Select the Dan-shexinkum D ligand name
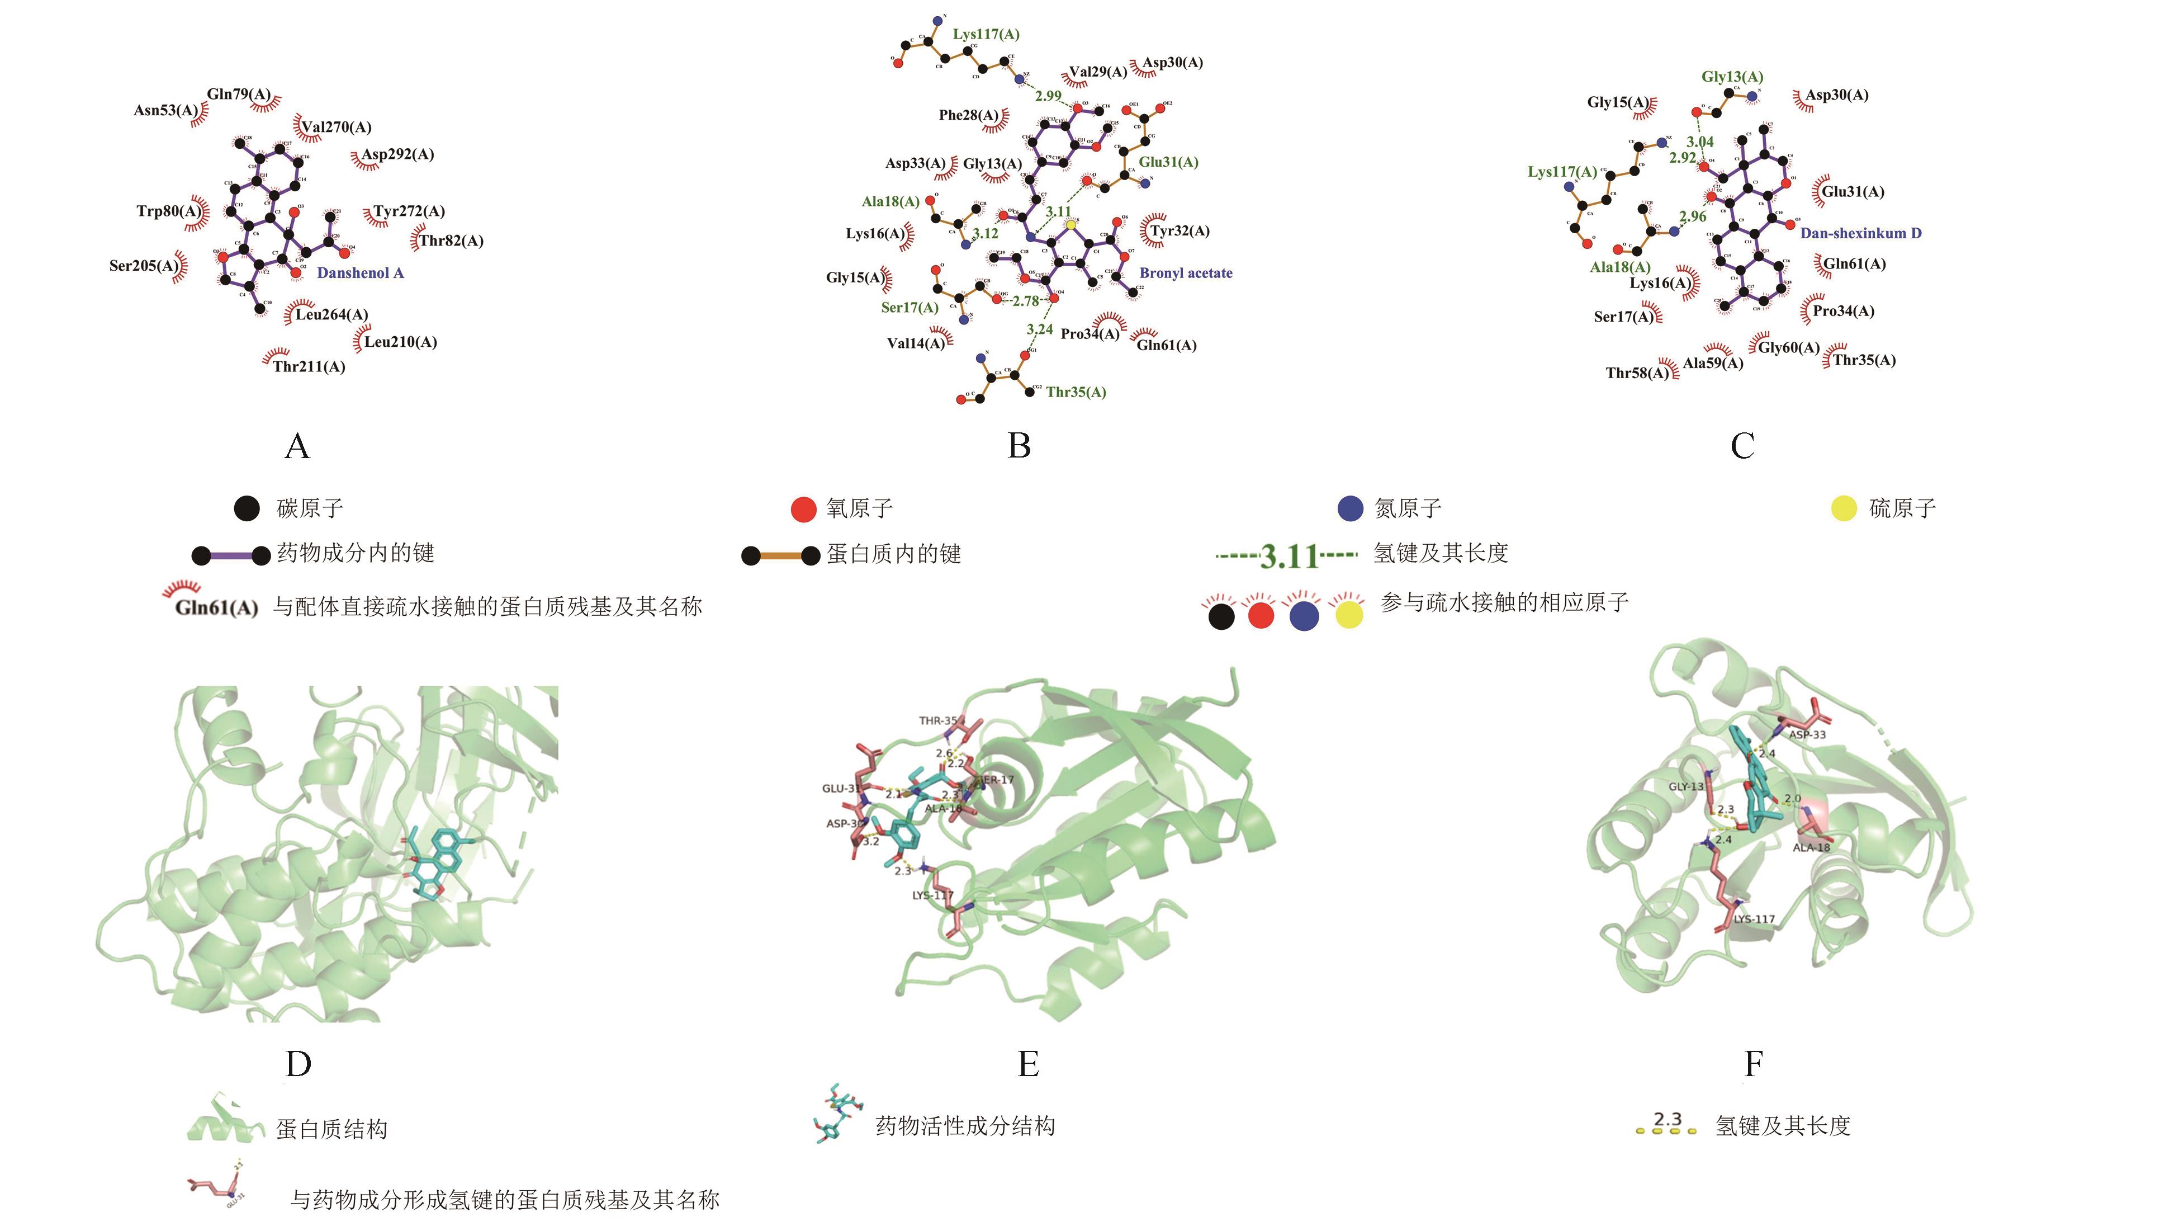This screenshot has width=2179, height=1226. [x=1860, y=233]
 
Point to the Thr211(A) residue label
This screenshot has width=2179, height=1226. [x=309, y=366]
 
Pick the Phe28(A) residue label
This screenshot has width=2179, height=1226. [x=968, y=115]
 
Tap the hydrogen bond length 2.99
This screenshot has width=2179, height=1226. [x=1048, y=96]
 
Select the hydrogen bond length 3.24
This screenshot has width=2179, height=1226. [x=1040, y=329]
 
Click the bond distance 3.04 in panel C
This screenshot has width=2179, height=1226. [x=1700, y=142]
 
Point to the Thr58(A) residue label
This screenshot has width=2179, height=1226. [x=1637, y=372]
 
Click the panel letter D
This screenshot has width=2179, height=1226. [x=298, y=1064]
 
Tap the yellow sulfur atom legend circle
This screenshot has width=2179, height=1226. [x=1844, y=508]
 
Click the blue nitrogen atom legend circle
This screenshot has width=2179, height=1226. [x=1350, y=508]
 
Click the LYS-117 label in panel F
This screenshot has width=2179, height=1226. [x=1754, y=919]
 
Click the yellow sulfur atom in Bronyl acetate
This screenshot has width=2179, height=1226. [x=1071, y=225]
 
